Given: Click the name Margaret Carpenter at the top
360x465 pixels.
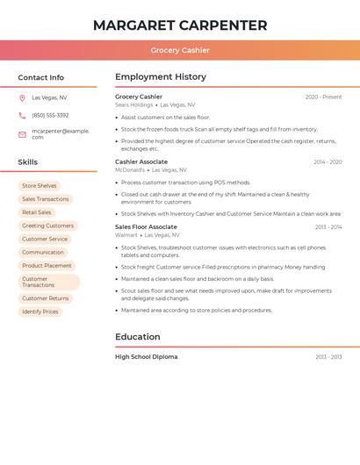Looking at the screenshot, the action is (180, 25).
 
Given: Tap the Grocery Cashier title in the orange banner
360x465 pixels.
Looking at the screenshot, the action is (180, 50).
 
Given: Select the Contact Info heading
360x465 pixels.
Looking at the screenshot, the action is (41, 77).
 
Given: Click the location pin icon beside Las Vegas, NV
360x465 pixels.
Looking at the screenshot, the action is (22, 98).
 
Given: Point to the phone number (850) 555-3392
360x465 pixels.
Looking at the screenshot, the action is (50, 115).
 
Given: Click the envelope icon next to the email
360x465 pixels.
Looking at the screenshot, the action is (22, 134).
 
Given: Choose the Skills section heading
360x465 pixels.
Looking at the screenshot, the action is (28, 162).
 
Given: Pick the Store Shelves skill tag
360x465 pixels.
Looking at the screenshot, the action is (40, 186).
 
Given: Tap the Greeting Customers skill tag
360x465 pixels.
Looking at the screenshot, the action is (47, 225).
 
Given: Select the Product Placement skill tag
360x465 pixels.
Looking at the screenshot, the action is (47, 265).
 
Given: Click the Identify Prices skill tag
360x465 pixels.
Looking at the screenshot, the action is (40, 311).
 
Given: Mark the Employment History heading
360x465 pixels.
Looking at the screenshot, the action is (161, 77).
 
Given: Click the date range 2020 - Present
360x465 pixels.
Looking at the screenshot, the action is (323, 97).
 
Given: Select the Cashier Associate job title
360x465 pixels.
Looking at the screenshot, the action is (141, 162).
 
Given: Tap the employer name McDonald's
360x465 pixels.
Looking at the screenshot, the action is (130, 169).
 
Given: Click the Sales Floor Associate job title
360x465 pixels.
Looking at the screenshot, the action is (146, 227).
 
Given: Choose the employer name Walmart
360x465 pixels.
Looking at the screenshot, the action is (126, 235).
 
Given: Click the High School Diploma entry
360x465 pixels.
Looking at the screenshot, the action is (146, 357).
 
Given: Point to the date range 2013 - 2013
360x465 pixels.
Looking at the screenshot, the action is (328, 357).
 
